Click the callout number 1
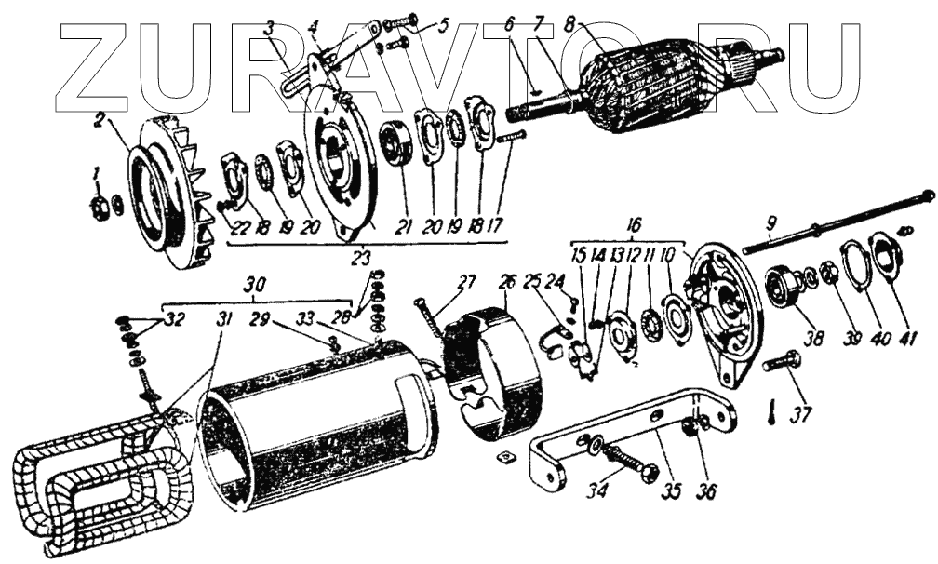pos(93,173)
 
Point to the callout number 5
pos(442,22)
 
